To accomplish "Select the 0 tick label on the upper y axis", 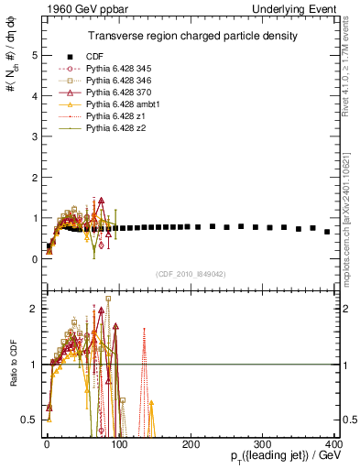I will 33,259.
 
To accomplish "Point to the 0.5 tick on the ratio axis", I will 29,420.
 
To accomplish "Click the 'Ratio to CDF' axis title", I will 11,364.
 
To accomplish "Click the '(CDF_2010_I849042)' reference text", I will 191,274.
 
